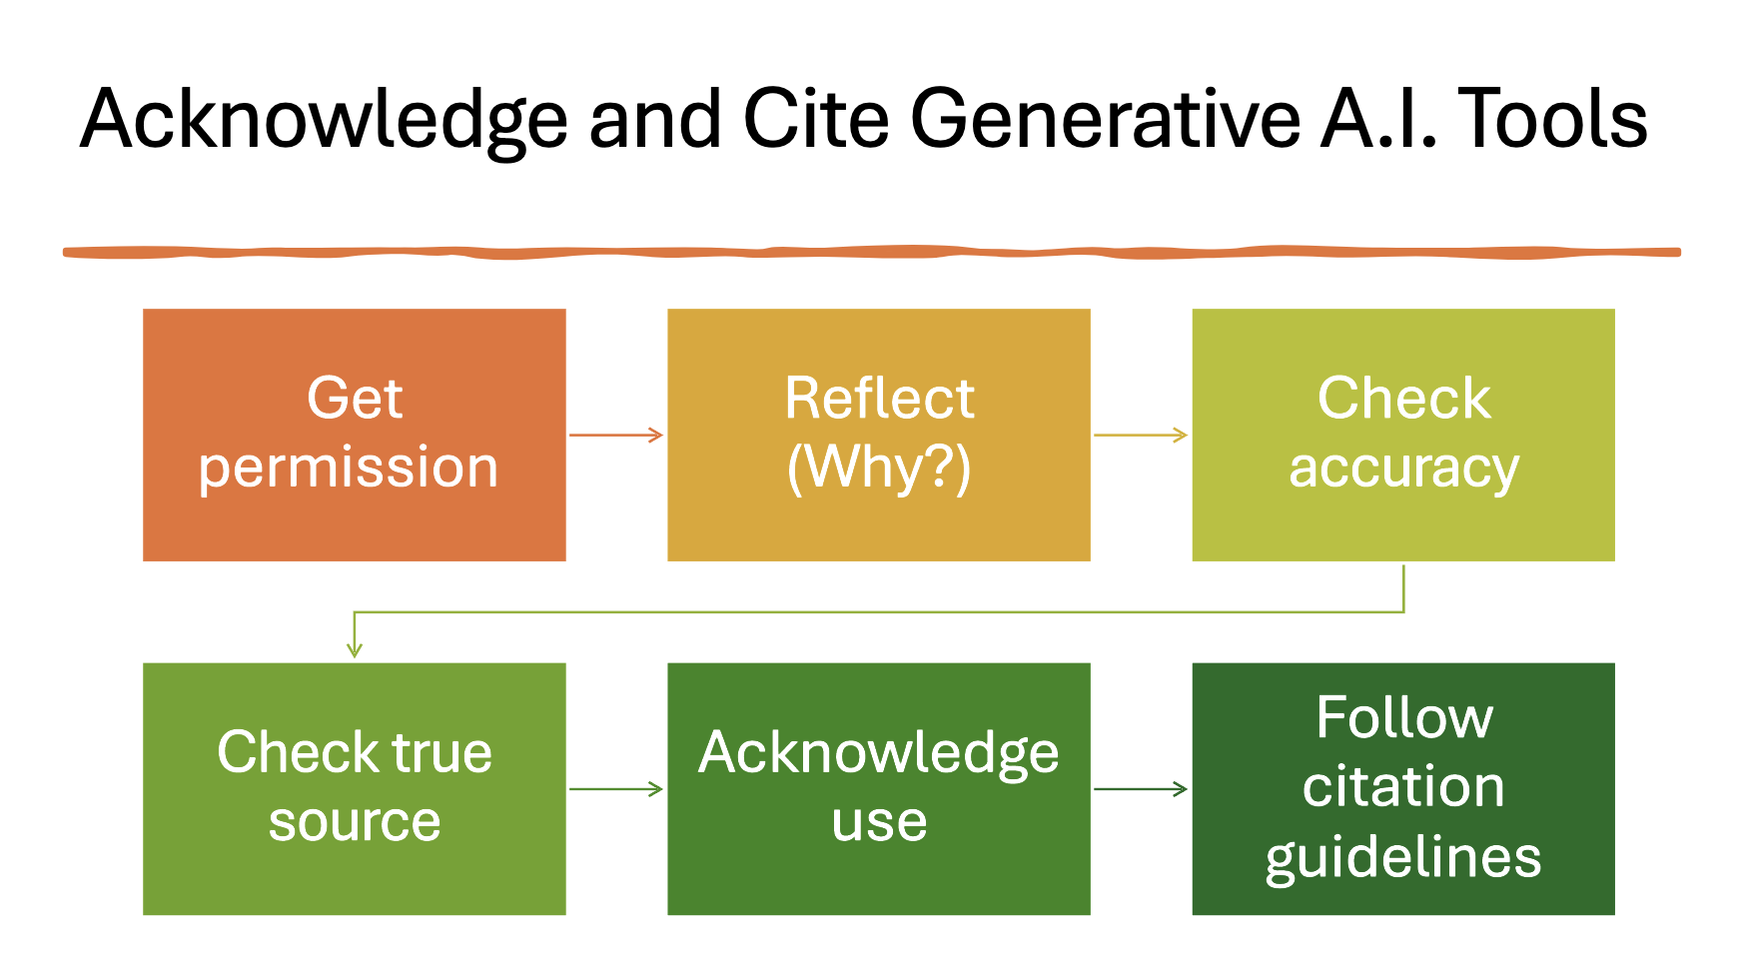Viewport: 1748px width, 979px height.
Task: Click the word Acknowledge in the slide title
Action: pyautogui.click(x=324, y=120)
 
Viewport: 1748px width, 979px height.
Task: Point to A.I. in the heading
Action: pyautogui.click(x=1378, y=120)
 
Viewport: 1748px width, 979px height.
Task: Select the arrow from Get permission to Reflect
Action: pyautogui.click(x=616, y=435)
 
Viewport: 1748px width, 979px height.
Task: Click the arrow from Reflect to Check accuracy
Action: pyautogui.click(x=1141, y=435)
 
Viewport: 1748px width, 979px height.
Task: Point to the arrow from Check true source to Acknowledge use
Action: pyautogui.click(x=616, y=789)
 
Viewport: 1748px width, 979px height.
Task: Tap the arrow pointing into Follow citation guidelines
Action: pyautogui.click(x=1141, y=789)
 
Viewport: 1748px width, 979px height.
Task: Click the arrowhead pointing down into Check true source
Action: pyautogui.click(x=355, y=649)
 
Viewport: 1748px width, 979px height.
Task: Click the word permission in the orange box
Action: pyautogui.click(x=348, y=468)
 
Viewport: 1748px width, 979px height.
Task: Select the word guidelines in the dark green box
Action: pyautogui.click(x=1402, y=857)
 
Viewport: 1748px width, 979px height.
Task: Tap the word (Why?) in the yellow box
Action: pyautogui.click(x=878, y=468)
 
